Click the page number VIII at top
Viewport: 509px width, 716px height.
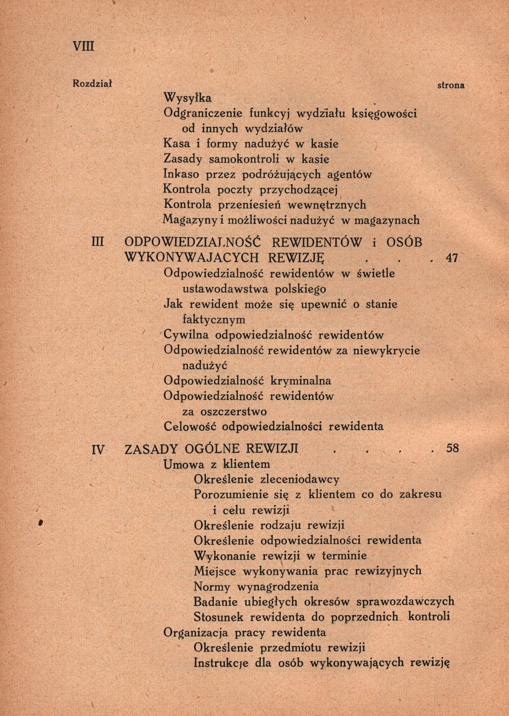coord(83,47)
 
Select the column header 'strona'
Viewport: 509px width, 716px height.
coord(451,85)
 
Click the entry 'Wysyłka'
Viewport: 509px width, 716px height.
coord(188,98)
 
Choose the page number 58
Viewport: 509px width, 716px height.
coord(452,448)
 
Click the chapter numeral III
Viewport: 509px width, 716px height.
coord(97,243)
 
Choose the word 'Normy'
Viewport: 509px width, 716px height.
coord(212,586)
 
